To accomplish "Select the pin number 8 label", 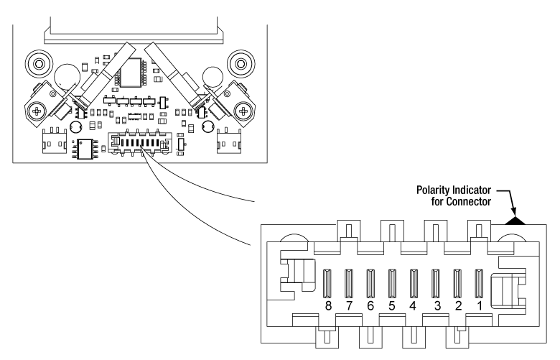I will click(x=329, y=304).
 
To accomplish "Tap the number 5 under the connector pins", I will click(x=392, y=304).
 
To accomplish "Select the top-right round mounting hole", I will click(x=238, y=63).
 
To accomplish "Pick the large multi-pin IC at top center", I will click(x=134, y=71).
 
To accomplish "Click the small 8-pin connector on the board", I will click(x=138, y=143).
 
